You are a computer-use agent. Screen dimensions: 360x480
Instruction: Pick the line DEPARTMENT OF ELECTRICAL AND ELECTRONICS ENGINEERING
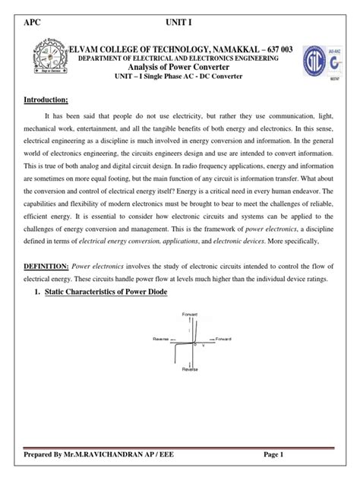point(173,58)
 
